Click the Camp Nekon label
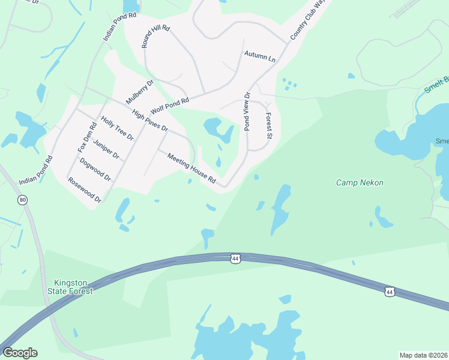pos(360,182)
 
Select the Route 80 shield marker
pos(23,200)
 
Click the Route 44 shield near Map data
pos(390,292)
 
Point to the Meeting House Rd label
pos(191,168)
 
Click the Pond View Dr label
pos(246,111)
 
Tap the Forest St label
pos(269,127)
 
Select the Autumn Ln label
pos(259,57)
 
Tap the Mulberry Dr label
pos(140,91)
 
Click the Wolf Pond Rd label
pos(170,106)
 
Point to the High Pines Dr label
pos(150,121)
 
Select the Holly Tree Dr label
pos(117,128)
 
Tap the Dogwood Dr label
pos(95,169)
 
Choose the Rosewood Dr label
pos(84,189)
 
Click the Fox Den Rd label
pos(87,137)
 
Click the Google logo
pos(20,353)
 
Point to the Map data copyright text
pos(424,355)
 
